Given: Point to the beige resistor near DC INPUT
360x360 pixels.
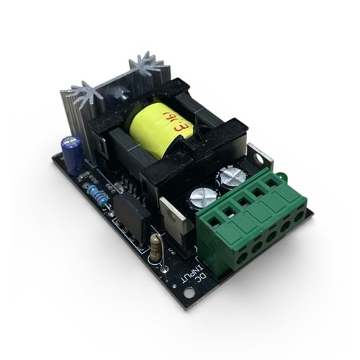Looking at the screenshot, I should click(x=157, y=248).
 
